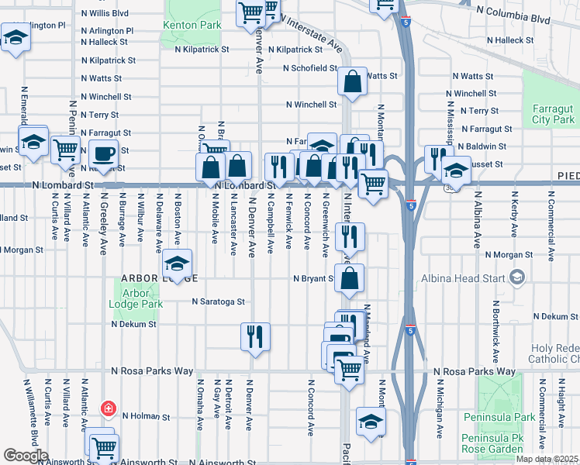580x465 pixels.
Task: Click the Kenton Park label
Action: [192, 25]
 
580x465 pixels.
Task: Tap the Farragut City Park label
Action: [554, 115]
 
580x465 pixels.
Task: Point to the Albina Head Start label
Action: [464, 277]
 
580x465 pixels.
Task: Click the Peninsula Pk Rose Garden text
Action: [493, 443]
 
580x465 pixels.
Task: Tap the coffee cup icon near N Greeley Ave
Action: [103, 154]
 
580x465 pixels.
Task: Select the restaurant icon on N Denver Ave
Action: [255, 336]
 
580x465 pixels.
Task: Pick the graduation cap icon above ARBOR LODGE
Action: [177, 263]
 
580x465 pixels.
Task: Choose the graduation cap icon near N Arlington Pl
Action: [16, 37]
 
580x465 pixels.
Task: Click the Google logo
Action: [26, 456]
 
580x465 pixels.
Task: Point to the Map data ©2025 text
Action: [547, 459]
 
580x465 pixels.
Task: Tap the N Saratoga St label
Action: [219, 301]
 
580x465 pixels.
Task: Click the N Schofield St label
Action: [309, 68]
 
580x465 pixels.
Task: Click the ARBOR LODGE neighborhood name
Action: [159, 278]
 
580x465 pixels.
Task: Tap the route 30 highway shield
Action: [450, 187]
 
